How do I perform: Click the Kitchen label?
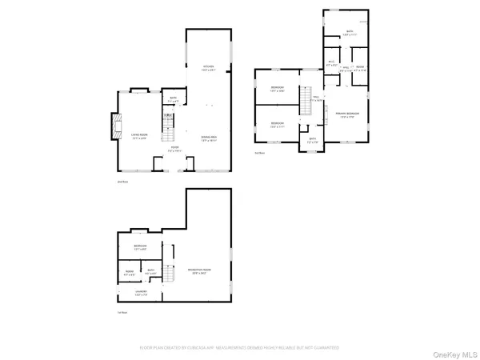(x=209, y=67)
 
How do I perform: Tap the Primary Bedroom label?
(x=346, y=116)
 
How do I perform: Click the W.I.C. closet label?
(x=330, y=62)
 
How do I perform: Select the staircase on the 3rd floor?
(x=304, y=102)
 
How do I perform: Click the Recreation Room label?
(x=199, y=270)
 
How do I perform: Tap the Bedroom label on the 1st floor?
(x=140, y=246)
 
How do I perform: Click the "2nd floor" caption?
(x=123, y=182)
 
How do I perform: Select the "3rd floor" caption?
(x=259, y=152)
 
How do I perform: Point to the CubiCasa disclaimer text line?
(x=240, y=348)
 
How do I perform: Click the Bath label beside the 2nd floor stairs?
(x=173, y=101)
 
